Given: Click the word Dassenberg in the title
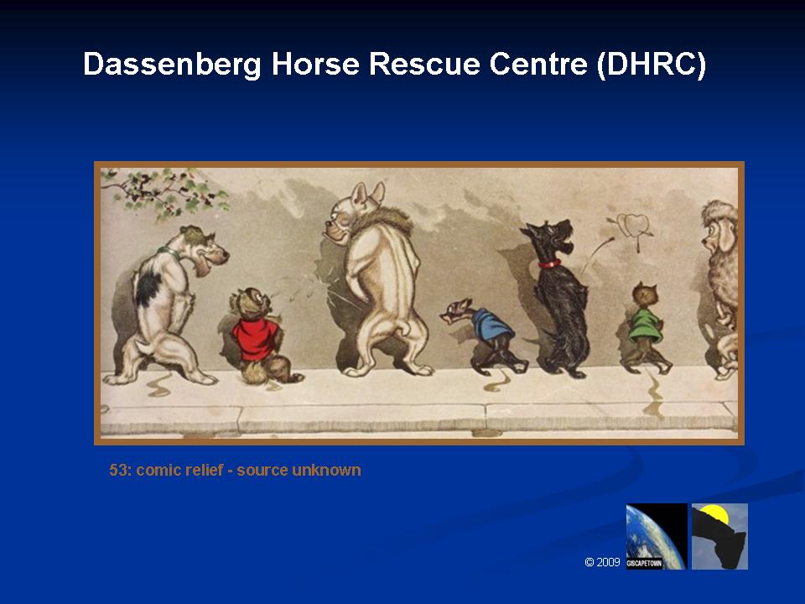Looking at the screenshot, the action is pyautogui.click(x=172, y=65).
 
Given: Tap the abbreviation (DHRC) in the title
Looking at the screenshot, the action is pyautogui.click(x=652, y=65).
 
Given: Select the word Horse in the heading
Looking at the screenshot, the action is pyautogui.click(x=315, y=64).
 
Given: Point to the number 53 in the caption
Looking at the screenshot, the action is pyautogui.click(x=117, y=470).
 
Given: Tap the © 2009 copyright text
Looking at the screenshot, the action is pyautogui.click(x=602, y=562).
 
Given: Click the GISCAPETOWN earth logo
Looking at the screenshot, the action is pyautogui.click(x=656, y=536).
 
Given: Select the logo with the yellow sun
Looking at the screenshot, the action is pyautogui.click(x=719, y=536).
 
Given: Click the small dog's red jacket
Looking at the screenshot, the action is pyautogui.click(x=255, y=338).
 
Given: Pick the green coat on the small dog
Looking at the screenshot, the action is pyautogui.click(x=645, y=325).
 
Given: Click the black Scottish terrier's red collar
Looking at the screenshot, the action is pyautogui.click(x=549, y=264).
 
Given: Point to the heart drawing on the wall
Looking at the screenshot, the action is pyautogui.click(x=631, y=227).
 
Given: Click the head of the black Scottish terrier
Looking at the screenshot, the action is pyautogui.click(x=549, y=237).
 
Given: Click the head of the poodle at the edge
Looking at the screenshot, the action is pyautogui.click(x=719, y=228).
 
